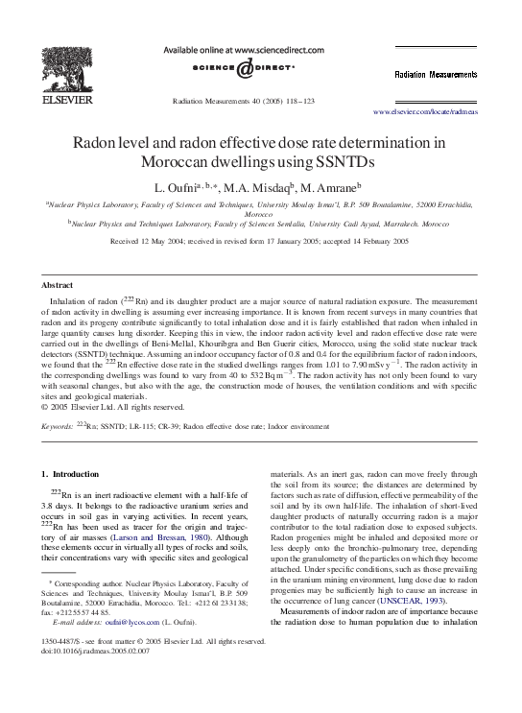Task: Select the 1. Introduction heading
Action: click(x=70, y=474)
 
